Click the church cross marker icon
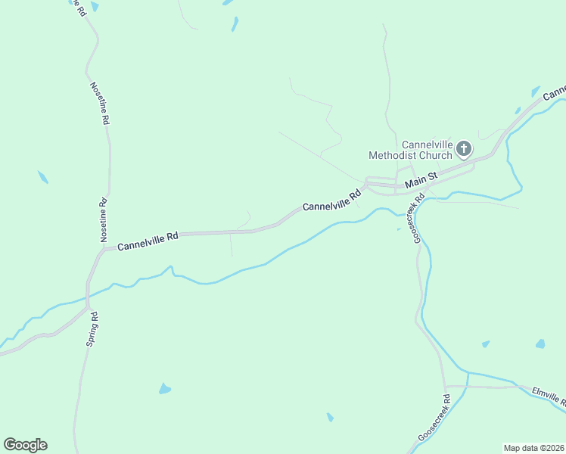pos(464,148)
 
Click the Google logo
pos(25,445)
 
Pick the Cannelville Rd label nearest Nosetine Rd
pos(148,241)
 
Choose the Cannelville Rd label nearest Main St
pos(332,201)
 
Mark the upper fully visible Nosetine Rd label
pos(100,103)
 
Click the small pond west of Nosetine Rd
pos(43,177)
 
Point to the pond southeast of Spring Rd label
pos(164,389)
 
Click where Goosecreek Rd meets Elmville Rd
pos(446,387)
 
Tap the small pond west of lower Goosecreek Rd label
pos(330,417)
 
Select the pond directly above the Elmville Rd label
pos(540,344)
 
